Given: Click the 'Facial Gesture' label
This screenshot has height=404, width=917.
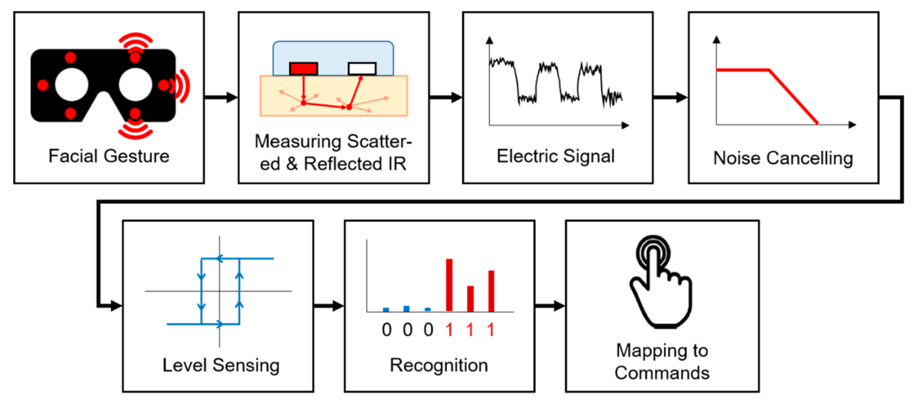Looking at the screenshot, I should [x=109, y=156].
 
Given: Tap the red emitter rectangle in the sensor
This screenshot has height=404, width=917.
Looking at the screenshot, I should [x=303, y=68].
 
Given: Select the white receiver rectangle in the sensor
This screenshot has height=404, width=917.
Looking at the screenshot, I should [x=362, y=68].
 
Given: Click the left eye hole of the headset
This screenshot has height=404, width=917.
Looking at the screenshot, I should [x=72, y=85].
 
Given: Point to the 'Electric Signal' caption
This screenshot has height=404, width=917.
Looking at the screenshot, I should [x=555, y=156].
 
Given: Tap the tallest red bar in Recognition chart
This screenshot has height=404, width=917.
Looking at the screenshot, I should [x=449, y=285].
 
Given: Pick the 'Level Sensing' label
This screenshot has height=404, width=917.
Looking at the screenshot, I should [x=221, y=365].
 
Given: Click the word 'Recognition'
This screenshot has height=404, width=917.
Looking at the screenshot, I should [x=439, y=365].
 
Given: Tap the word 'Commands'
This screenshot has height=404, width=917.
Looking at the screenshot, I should [x=662, y=373].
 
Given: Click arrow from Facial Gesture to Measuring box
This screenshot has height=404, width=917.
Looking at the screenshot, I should [x=221, y=97].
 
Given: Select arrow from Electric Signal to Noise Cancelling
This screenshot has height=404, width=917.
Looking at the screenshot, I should [x=670, y=97].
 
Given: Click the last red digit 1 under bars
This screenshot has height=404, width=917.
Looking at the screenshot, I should [x=491, y=330].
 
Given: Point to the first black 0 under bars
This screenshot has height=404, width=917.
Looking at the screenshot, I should [x=387, y=330].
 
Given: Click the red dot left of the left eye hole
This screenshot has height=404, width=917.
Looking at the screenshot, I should [x=43, y=85].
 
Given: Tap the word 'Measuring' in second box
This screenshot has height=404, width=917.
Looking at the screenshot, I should [x=298, y=141].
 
